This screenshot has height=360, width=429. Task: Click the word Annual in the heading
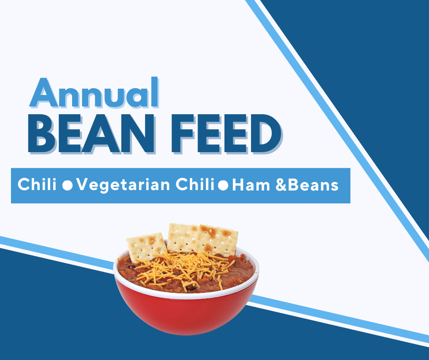coord(94,93)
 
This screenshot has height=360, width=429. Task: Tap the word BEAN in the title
coord(92,133)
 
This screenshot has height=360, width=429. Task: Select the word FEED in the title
coord(226,133)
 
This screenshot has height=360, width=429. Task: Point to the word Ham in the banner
coord(251,185)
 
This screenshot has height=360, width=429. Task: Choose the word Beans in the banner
coord(313,185)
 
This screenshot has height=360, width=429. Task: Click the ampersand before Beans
coord(281,185)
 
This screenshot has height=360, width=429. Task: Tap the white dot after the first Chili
coord(67,185)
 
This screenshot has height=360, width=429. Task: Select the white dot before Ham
coord(223,185)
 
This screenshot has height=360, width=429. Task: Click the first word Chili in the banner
coord(37,184)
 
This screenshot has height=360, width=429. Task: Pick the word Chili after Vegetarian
coord(195,184)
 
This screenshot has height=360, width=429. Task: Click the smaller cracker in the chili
coord(146,247)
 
